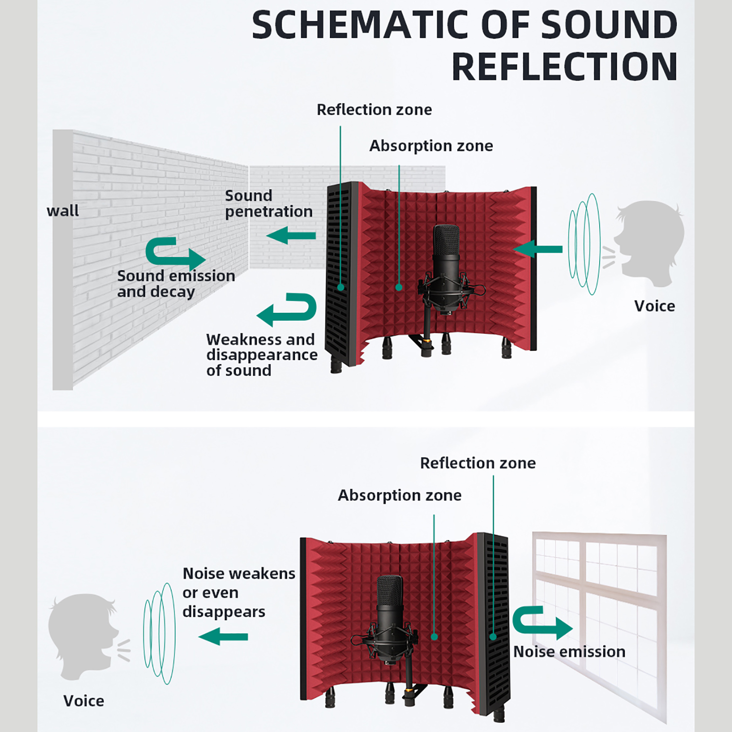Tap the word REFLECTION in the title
[x=565, y=67]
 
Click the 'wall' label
[x=62, y=211]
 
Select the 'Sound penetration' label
[x=268, y=203]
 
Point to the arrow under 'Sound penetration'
[x=291, y=236]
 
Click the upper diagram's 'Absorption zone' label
[x=431, y=146]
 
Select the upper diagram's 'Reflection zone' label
[x=374, y=110]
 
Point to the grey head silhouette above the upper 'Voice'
[x=649, y=243]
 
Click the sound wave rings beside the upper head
[x=584, y=244]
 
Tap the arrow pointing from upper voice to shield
[x=537, y=249]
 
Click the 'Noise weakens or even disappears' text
[x=239, y=592]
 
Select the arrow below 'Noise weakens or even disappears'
[x=224, y=637]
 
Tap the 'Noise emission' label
[x=569, y=652]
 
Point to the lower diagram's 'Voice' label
[x=83, y=701]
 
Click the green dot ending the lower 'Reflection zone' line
[x=493, y=637]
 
